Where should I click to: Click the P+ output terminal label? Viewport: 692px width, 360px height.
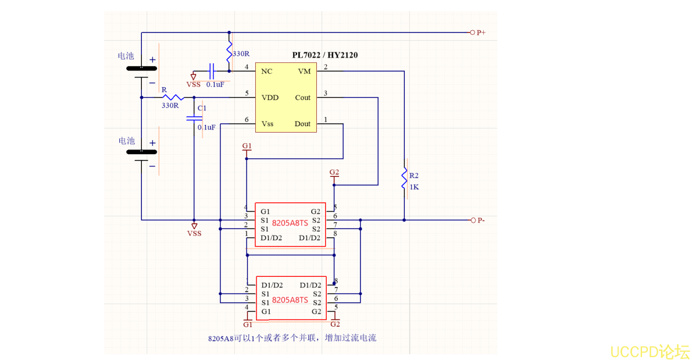(x=481, y=33)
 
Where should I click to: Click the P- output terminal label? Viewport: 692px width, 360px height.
(x=481, y=220)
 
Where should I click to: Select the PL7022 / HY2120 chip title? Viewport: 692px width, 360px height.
(x=324, y=55)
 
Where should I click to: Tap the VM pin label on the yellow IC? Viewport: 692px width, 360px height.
(x=304, y=71)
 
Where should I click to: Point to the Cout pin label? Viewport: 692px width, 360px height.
(x=302, y=97)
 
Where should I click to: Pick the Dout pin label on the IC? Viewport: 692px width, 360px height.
(x=302, y=123)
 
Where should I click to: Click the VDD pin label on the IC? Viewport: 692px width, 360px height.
(x=270, y=97)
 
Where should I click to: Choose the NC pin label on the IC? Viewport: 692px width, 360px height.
(x=267, y=71)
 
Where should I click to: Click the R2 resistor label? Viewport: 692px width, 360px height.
(x=414, y=175)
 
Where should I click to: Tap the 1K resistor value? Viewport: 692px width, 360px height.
(x=414, y=187)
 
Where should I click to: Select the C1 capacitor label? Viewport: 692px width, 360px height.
(x=201, y=108)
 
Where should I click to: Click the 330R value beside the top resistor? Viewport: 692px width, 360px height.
(x=241, y=54)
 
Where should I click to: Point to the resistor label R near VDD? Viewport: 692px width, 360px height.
(x=164, y=91)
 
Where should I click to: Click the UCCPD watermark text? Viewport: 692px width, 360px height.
(x=650, y=351)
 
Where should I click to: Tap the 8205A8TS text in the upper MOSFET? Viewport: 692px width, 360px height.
(x=290, y=223)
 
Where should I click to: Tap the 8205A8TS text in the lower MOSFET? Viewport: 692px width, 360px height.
(x=290, y=300)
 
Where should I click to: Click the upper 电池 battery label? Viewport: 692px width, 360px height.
(x=126, y=56)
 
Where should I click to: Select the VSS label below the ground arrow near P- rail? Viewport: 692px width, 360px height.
(x=194, y=233)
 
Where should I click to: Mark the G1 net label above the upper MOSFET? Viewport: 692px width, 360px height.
(x=247, y=145)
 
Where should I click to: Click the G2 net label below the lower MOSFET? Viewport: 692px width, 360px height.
(x=335, y=324)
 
